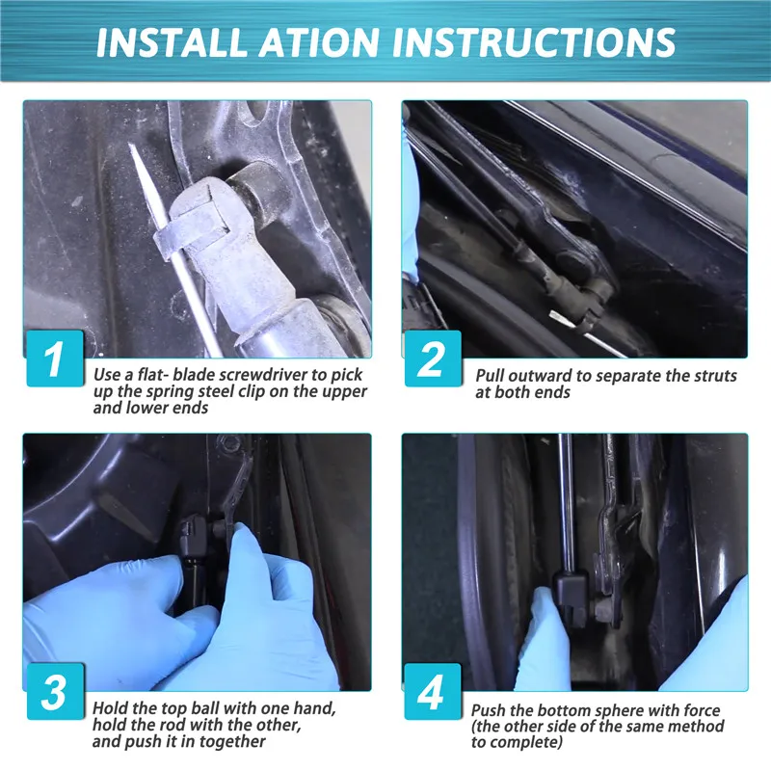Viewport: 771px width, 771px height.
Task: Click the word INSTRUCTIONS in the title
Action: pyautogui.click(x=534, y=41)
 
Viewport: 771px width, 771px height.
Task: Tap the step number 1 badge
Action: pyautogui.click(x=55, y=359)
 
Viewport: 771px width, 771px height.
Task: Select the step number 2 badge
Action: pyautogui.click(x=433, y=359)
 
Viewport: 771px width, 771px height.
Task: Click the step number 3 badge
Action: pyautogui.click(x=55, y=691)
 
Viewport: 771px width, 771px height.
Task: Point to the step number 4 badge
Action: pyautogui.click(x=433, y=691)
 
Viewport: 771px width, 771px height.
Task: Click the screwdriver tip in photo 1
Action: pyautogui.click(x=131, y=146)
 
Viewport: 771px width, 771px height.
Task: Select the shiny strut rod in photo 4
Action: pyautogui.click(x=567, y=502)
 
